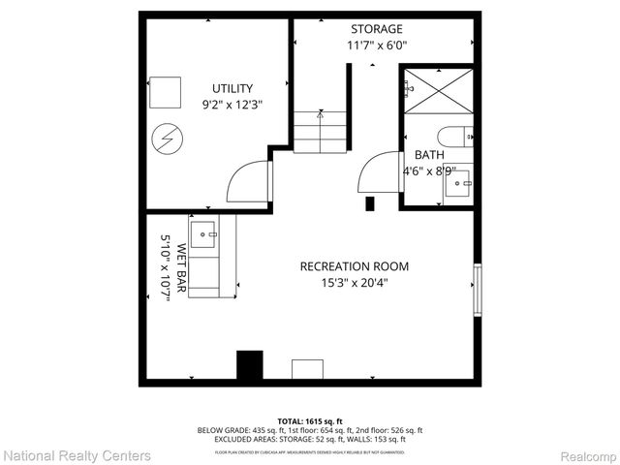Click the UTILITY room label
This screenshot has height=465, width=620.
pos(232,88)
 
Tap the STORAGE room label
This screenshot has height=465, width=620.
pos(377,29)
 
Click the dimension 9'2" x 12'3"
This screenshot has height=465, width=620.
pos(232,105)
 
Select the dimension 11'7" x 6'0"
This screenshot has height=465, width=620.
pos(377,46)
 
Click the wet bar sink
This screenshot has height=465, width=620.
pos(203,232)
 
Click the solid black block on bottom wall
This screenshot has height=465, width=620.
pos(251,365)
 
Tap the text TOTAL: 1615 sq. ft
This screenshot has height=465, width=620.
pos(310,420)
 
